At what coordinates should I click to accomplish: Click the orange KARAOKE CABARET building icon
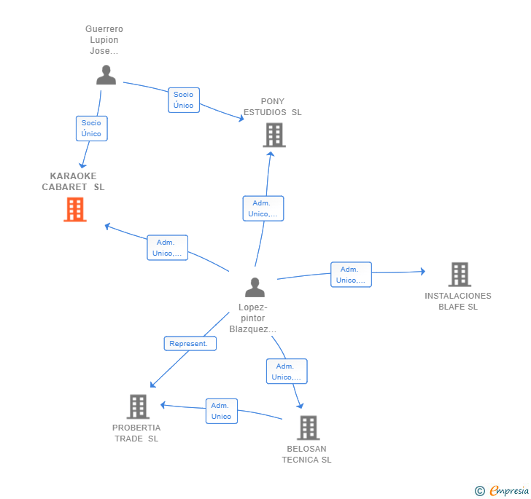[75, 210]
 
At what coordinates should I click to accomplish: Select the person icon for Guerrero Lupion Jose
[106, 75]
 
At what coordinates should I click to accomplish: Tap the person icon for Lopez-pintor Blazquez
[255, 287]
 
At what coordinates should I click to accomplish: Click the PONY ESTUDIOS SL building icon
[274, 135]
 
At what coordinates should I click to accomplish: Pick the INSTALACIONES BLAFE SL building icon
[460, 275]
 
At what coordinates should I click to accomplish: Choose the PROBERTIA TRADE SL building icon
[138, 406]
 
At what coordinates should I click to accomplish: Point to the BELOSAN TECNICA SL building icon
[309, 428]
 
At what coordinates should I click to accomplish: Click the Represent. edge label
[190, 343]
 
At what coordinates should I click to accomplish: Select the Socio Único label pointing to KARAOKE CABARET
[91, 128]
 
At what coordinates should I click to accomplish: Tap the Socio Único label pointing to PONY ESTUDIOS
[184, 100]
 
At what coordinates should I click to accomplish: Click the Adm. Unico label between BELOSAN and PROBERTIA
[222, 411]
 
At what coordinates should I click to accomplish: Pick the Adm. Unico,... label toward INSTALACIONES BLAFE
[351, 275]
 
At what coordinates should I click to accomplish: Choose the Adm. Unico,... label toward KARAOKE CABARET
[167, 248]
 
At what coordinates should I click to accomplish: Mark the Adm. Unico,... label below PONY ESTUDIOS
[263, 208]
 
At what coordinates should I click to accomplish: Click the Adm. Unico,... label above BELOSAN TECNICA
[287, 371]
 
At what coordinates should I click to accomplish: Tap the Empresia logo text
[509, 490]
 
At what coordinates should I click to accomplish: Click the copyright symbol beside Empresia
[479, 491]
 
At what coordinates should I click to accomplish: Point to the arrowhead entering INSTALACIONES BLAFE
[423, 271]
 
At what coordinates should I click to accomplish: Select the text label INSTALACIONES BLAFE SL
[458, 301]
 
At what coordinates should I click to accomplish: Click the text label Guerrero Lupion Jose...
[104, 39]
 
